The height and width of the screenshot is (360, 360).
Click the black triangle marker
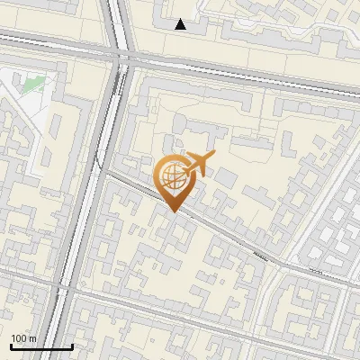pyautogui.click(x=181, y=25)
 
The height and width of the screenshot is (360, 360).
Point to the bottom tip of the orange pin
pyautogui.click(x=171, y=211)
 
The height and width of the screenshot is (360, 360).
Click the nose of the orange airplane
pyautogui.click(x=213, y=156)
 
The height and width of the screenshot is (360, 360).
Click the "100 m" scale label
pyautogui.click(x=23, y=338)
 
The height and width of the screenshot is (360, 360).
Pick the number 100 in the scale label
pyautogui.click(x=19, y=338)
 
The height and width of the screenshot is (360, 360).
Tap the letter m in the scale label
pyautogui.click(x=32, y=338)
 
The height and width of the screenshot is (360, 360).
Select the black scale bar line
pyautogui.click(x=40, y=346)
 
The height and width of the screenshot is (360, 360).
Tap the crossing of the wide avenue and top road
pyautogui.click(x=120, y=56)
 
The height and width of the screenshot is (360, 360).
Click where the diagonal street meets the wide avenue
pyautogui.click(x=101, y=171)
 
